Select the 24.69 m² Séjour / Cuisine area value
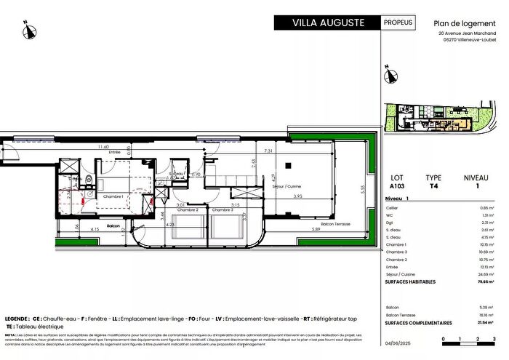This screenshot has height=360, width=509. click(482, 273)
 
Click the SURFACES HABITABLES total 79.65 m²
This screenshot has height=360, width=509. click(481, 281)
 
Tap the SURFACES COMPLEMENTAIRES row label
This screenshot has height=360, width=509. click(419, 323)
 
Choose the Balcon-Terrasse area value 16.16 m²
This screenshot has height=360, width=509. click(482, 316)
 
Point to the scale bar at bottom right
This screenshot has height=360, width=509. click(468, 340)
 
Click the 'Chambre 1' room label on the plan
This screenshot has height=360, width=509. click(112, 196)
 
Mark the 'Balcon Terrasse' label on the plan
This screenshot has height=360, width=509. click(335, 224)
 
